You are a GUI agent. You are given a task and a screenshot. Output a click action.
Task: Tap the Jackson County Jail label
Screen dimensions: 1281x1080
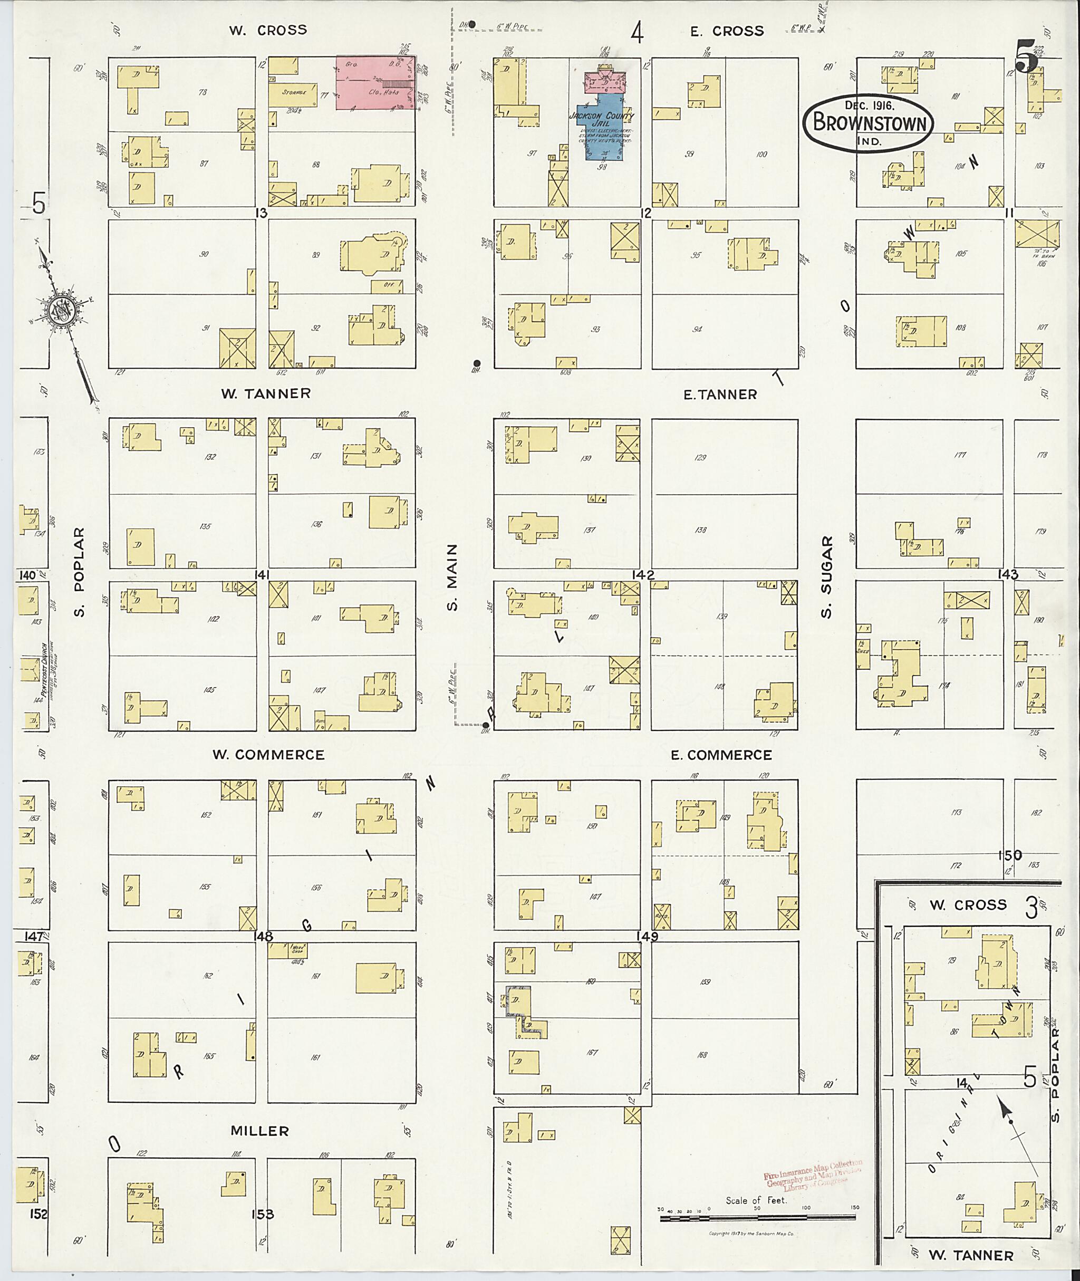[602, 119]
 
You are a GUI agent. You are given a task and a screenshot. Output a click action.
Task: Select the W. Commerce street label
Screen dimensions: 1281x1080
[268, 755]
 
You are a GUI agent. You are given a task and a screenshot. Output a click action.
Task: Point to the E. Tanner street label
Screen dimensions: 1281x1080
[720, 394]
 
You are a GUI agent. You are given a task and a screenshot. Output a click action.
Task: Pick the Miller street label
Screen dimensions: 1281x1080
[259, 1131]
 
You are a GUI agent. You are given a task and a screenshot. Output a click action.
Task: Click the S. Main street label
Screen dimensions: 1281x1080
[452, 577]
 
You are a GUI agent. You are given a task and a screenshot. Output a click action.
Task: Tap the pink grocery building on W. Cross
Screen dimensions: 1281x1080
[375, 83]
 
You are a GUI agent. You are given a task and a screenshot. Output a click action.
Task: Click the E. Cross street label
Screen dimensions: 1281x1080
[727, 31]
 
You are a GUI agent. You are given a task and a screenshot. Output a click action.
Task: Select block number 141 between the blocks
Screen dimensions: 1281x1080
[263, 575]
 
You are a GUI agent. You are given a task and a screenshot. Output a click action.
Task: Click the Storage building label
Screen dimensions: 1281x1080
[293, 93]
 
